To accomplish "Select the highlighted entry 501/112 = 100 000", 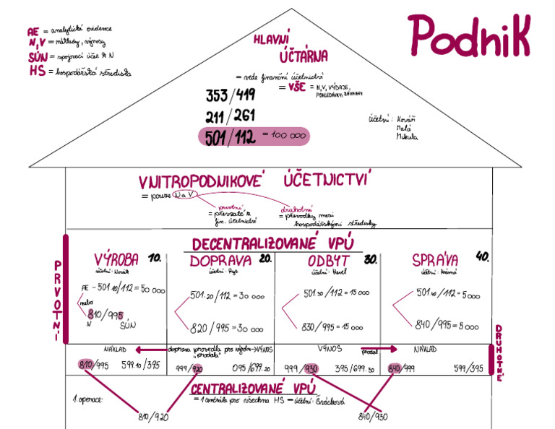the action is (x=253, y=136).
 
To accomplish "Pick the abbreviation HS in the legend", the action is (x=38, y=71).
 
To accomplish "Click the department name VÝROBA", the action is (x=116, y=260).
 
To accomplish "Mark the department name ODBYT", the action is (x=329, y=261).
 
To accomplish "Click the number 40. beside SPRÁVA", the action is (x=483, y=256).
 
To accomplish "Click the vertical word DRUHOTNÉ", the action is (x=498, y=352).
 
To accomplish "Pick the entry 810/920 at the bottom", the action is (x=154, y=416).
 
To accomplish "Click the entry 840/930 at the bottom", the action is (x=374, y=417).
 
